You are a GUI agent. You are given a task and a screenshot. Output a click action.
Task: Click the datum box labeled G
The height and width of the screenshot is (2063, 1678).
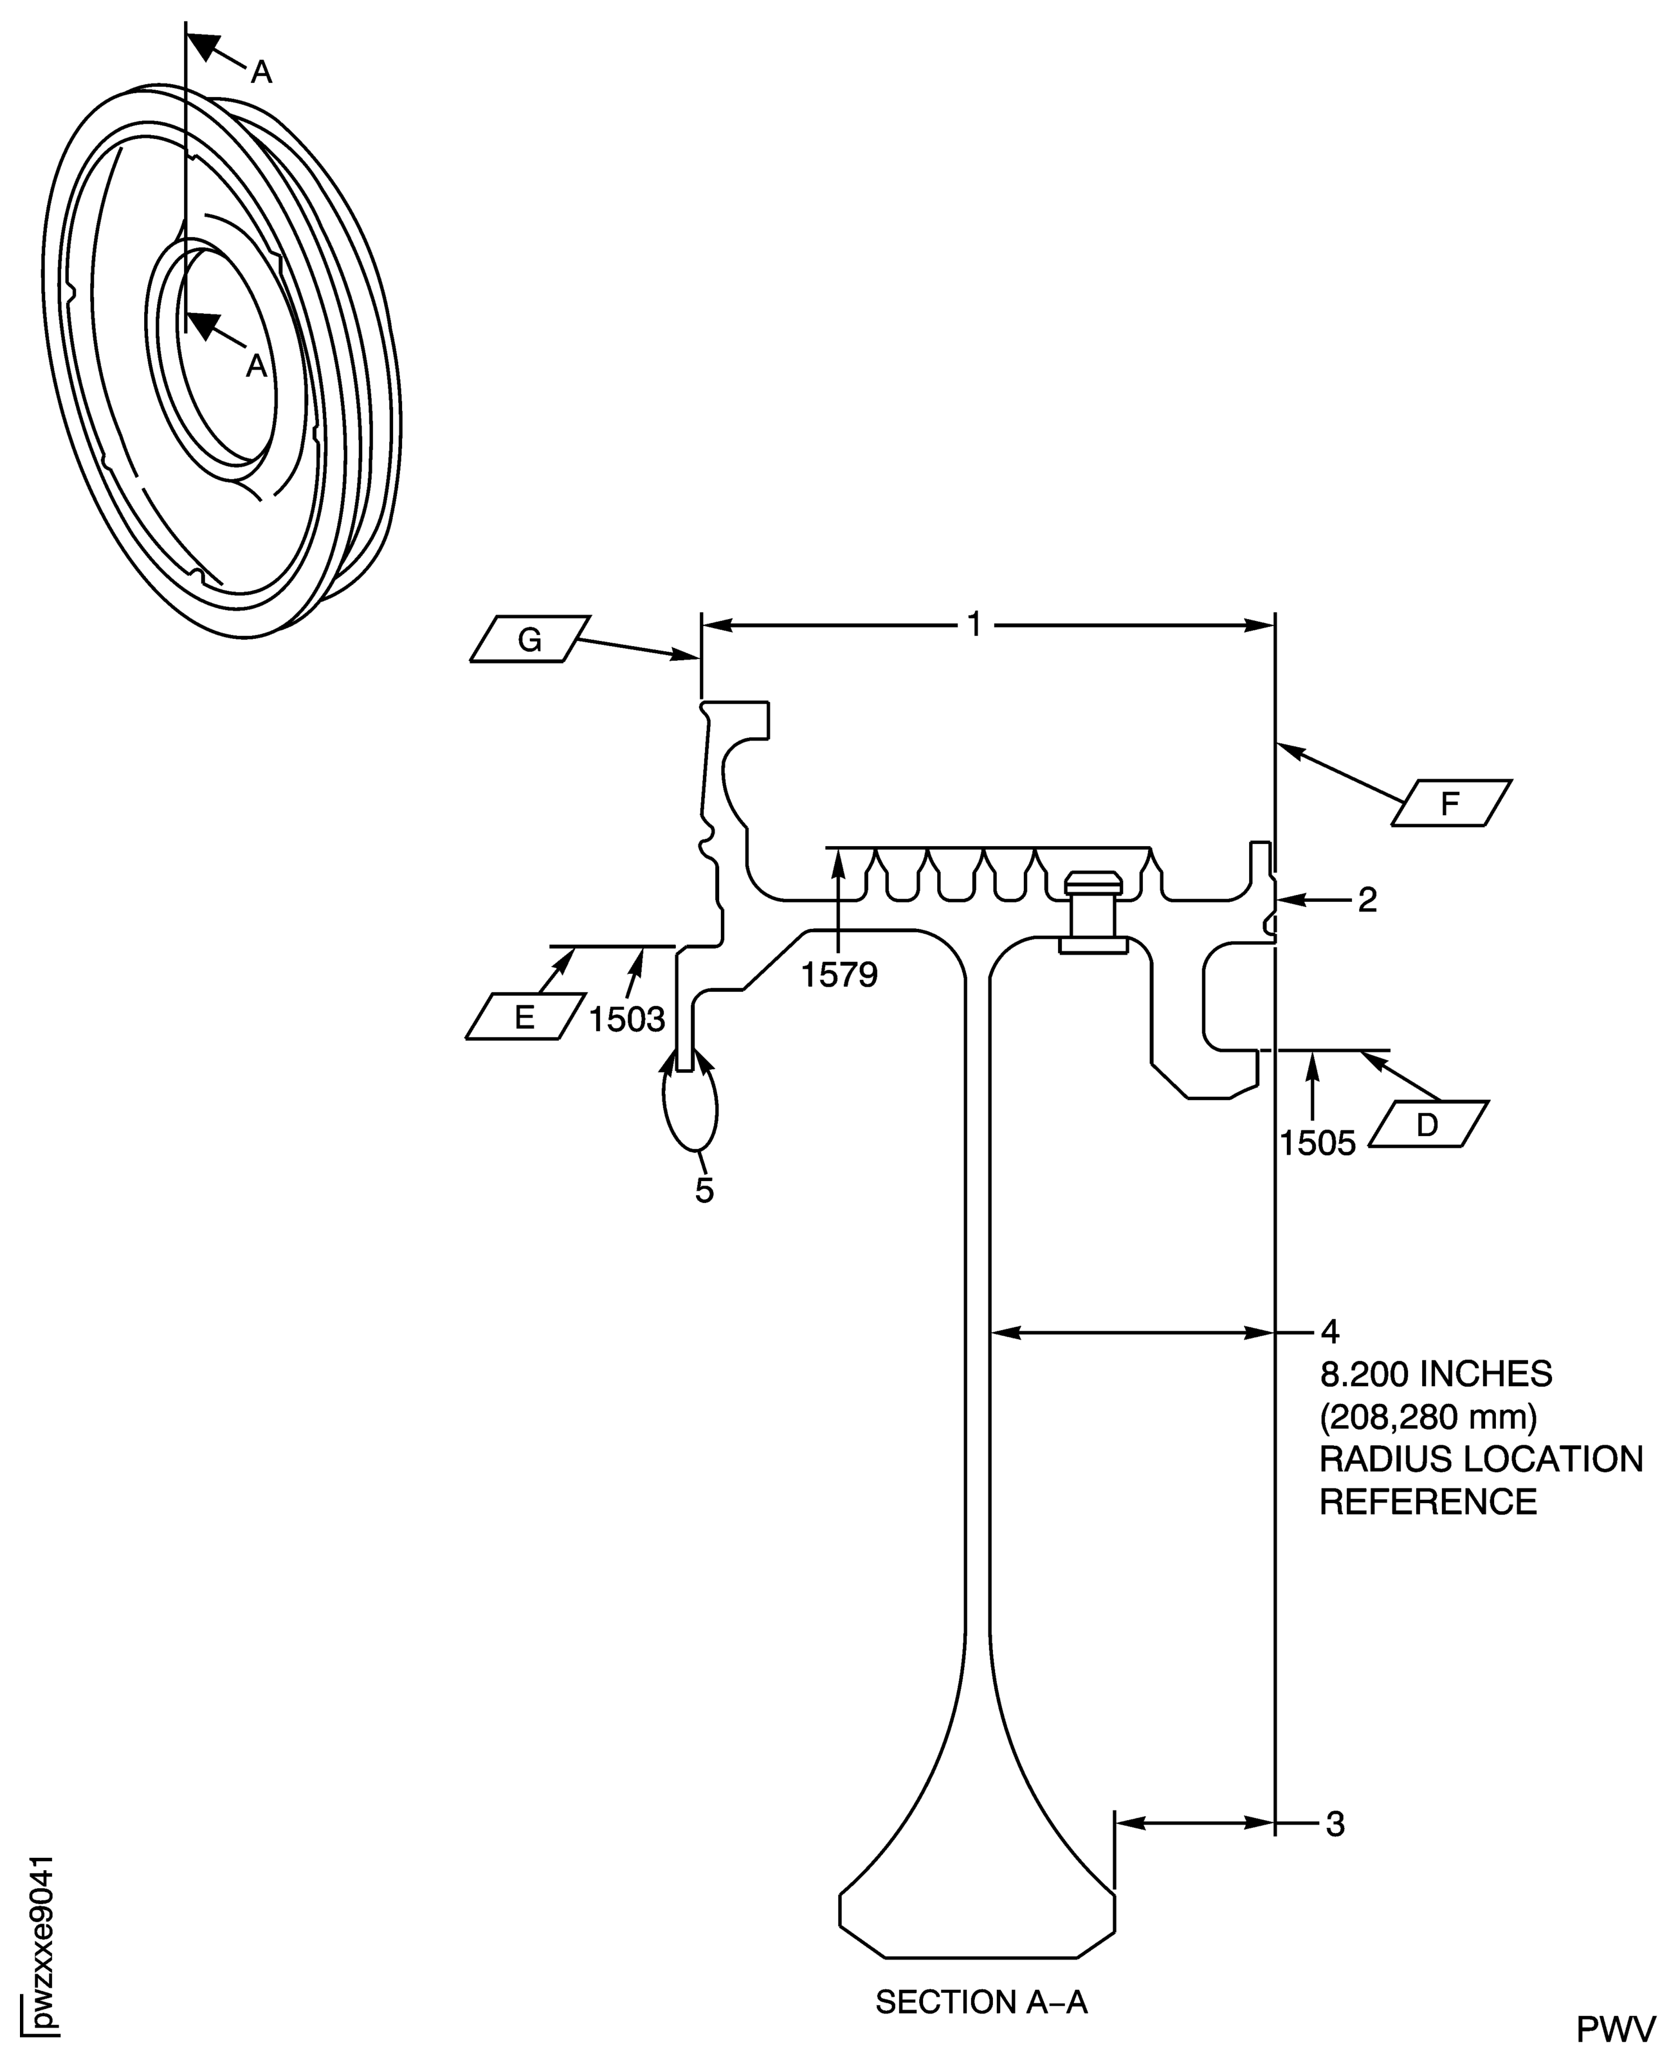coord(530,639)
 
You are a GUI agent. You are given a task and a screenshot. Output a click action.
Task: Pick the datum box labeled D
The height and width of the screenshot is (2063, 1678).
coord(1428,1123)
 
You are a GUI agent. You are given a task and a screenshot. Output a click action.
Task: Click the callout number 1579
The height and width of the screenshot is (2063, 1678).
coord(839,975)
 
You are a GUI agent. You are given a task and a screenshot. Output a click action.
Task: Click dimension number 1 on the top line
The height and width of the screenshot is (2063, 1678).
coord(974,625)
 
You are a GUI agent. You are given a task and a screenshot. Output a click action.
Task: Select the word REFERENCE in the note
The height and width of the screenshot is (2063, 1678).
coord(1428,1502)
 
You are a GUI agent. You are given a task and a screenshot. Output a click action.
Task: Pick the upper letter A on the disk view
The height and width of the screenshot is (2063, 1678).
coord(261,71)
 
